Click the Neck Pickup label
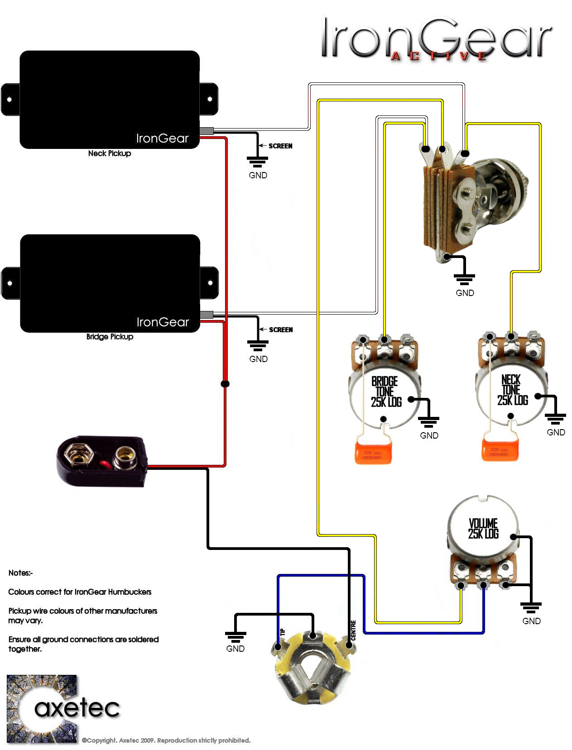click(x=110, y=153)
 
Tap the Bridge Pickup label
click(x=110, y=337)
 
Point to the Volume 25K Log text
click(x=483, y=528)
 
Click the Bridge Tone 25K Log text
click(x=386, y=392)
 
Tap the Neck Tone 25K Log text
click(x=512, y=390)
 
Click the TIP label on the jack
click(x=283, y=632)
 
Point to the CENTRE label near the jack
click(x=354, y=630)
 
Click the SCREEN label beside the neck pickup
click(x=280, y=146)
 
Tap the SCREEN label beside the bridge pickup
click(x=281, y=330)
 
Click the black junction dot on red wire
click(x=225, y=384)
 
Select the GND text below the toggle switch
click(x=465, y=293)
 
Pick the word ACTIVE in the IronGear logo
click(x=439, y=56)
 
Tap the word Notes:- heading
click(x=21, y=573)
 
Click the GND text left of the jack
click(x=235, y=649)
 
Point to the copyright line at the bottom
click(x=166, y=740)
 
